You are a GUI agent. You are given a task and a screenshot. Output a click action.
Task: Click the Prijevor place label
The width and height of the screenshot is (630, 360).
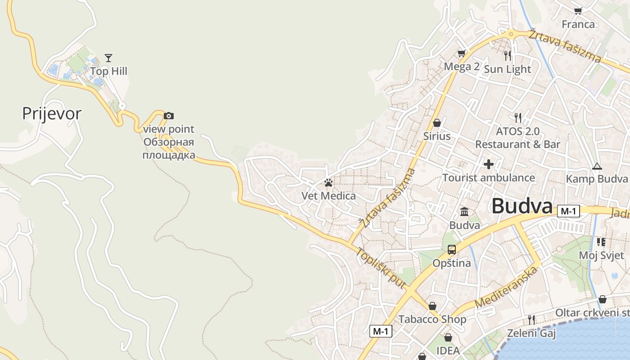pos(52,113)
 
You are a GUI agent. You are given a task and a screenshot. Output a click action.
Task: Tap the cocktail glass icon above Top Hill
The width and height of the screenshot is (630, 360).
pos(108,58)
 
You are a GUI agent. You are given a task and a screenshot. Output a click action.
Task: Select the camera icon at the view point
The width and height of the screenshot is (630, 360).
pos(169,116)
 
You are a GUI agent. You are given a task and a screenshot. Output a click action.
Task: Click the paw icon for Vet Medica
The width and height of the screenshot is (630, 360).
pos(328,183)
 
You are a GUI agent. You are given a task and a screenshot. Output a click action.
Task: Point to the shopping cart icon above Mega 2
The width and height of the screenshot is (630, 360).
pos(461,54)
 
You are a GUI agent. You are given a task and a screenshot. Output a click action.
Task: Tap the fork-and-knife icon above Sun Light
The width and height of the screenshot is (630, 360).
pos(508,56)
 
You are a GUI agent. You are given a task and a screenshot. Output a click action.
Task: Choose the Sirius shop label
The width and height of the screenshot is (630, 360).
pos(436,136)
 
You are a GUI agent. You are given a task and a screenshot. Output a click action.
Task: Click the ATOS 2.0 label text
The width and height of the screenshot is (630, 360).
pos(517,131)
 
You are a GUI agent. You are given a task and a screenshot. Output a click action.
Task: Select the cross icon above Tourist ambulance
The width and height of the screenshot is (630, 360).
pos(489,164)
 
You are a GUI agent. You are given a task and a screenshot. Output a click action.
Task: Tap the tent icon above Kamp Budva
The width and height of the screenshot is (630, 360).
pos(597,166)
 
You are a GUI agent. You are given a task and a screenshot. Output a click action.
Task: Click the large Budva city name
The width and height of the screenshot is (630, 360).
pos(522,206)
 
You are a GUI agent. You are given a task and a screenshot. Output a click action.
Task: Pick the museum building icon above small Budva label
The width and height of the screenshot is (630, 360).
pos(464,211)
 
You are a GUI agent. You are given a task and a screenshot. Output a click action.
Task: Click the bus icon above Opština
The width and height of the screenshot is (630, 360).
pos(452,250)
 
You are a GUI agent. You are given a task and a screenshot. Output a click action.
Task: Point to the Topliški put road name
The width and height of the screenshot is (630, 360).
pos(381,268)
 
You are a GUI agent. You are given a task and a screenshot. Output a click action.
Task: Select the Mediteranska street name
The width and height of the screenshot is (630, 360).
pos(506,287)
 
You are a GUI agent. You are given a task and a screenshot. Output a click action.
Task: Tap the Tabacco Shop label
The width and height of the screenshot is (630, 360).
pos(432,319)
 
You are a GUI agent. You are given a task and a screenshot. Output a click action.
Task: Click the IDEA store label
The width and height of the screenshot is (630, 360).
pos(448,350)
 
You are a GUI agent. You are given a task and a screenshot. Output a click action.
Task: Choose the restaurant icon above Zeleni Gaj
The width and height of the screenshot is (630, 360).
pos(531,320)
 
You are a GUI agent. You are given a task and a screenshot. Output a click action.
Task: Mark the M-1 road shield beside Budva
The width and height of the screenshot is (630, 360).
pos(568,211)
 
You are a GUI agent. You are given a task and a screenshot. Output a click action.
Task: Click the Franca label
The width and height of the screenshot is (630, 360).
pos(578,24)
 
